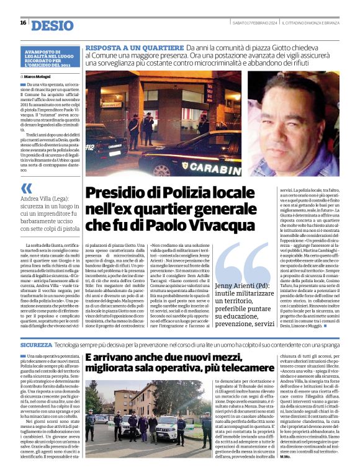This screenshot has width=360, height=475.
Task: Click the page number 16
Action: click(x=23, y=23)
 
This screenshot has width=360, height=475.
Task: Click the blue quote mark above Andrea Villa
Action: click(x=26, y=188)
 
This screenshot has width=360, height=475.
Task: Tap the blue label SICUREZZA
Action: click(x=37, y=344)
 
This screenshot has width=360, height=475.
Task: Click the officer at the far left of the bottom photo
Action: click(x=90, y=424)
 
